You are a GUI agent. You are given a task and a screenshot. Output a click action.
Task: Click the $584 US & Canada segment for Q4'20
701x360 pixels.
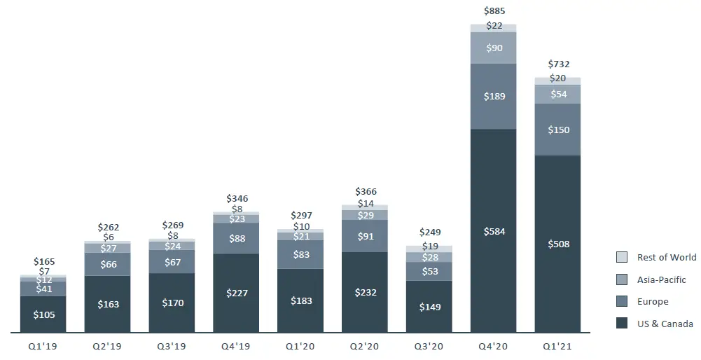tap(493, 231)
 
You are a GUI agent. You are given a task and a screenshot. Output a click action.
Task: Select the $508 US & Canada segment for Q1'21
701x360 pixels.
tap(557, 244)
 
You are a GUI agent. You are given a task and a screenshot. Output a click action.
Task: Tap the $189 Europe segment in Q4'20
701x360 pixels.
tap(493, 97)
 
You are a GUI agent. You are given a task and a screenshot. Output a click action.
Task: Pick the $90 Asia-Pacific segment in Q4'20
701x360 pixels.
tap(493, 48)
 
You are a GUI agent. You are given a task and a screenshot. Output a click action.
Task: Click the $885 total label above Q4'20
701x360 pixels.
tap(494, 11)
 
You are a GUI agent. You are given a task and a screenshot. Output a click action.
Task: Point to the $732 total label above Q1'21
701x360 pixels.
tap(558, 64)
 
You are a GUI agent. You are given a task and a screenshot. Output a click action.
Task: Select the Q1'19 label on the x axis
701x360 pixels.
tap(43, 345)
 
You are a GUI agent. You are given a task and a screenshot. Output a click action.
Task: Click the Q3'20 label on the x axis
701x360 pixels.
tap(429, 345)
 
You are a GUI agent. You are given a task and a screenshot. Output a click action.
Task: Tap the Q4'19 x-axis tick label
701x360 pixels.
tap(236, 345)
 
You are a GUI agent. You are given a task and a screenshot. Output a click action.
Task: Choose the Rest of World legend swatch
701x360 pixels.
tap(621, 257)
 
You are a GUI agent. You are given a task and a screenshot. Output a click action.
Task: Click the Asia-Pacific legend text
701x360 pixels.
tap(662, 279)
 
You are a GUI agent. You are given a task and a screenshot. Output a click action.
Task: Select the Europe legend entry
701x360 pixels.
tap(653, 302)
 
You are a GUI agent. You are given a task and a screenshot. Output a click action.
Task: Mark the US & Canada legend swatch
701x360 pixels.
tap(621, 324)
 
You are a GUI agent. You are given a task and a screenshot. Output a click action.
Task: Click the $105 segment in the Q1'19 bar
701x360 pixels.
tap(43, 314)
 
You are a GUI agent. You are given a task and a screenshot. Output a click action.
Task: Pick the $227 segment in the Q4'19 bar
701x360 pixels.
tap(236, 293)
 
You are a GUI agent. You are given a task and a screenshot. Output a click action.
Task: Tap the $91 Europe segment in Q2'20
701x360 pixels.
tap(365, 236)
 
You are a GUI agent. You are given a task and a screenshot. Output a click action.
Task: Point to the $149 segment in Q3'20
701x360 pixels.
tap(429, 307)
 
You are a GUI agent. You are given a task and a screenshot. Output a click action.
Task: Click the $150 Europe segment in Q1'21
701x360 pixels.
tap(557, 130)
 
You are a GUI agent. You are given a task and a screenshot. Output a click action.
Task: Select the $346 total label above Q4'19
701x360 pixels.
tap(237, 199)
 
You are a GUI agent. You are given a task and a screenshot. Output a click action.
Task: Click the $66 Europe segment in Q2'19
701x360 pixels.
tap(107, 264)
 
